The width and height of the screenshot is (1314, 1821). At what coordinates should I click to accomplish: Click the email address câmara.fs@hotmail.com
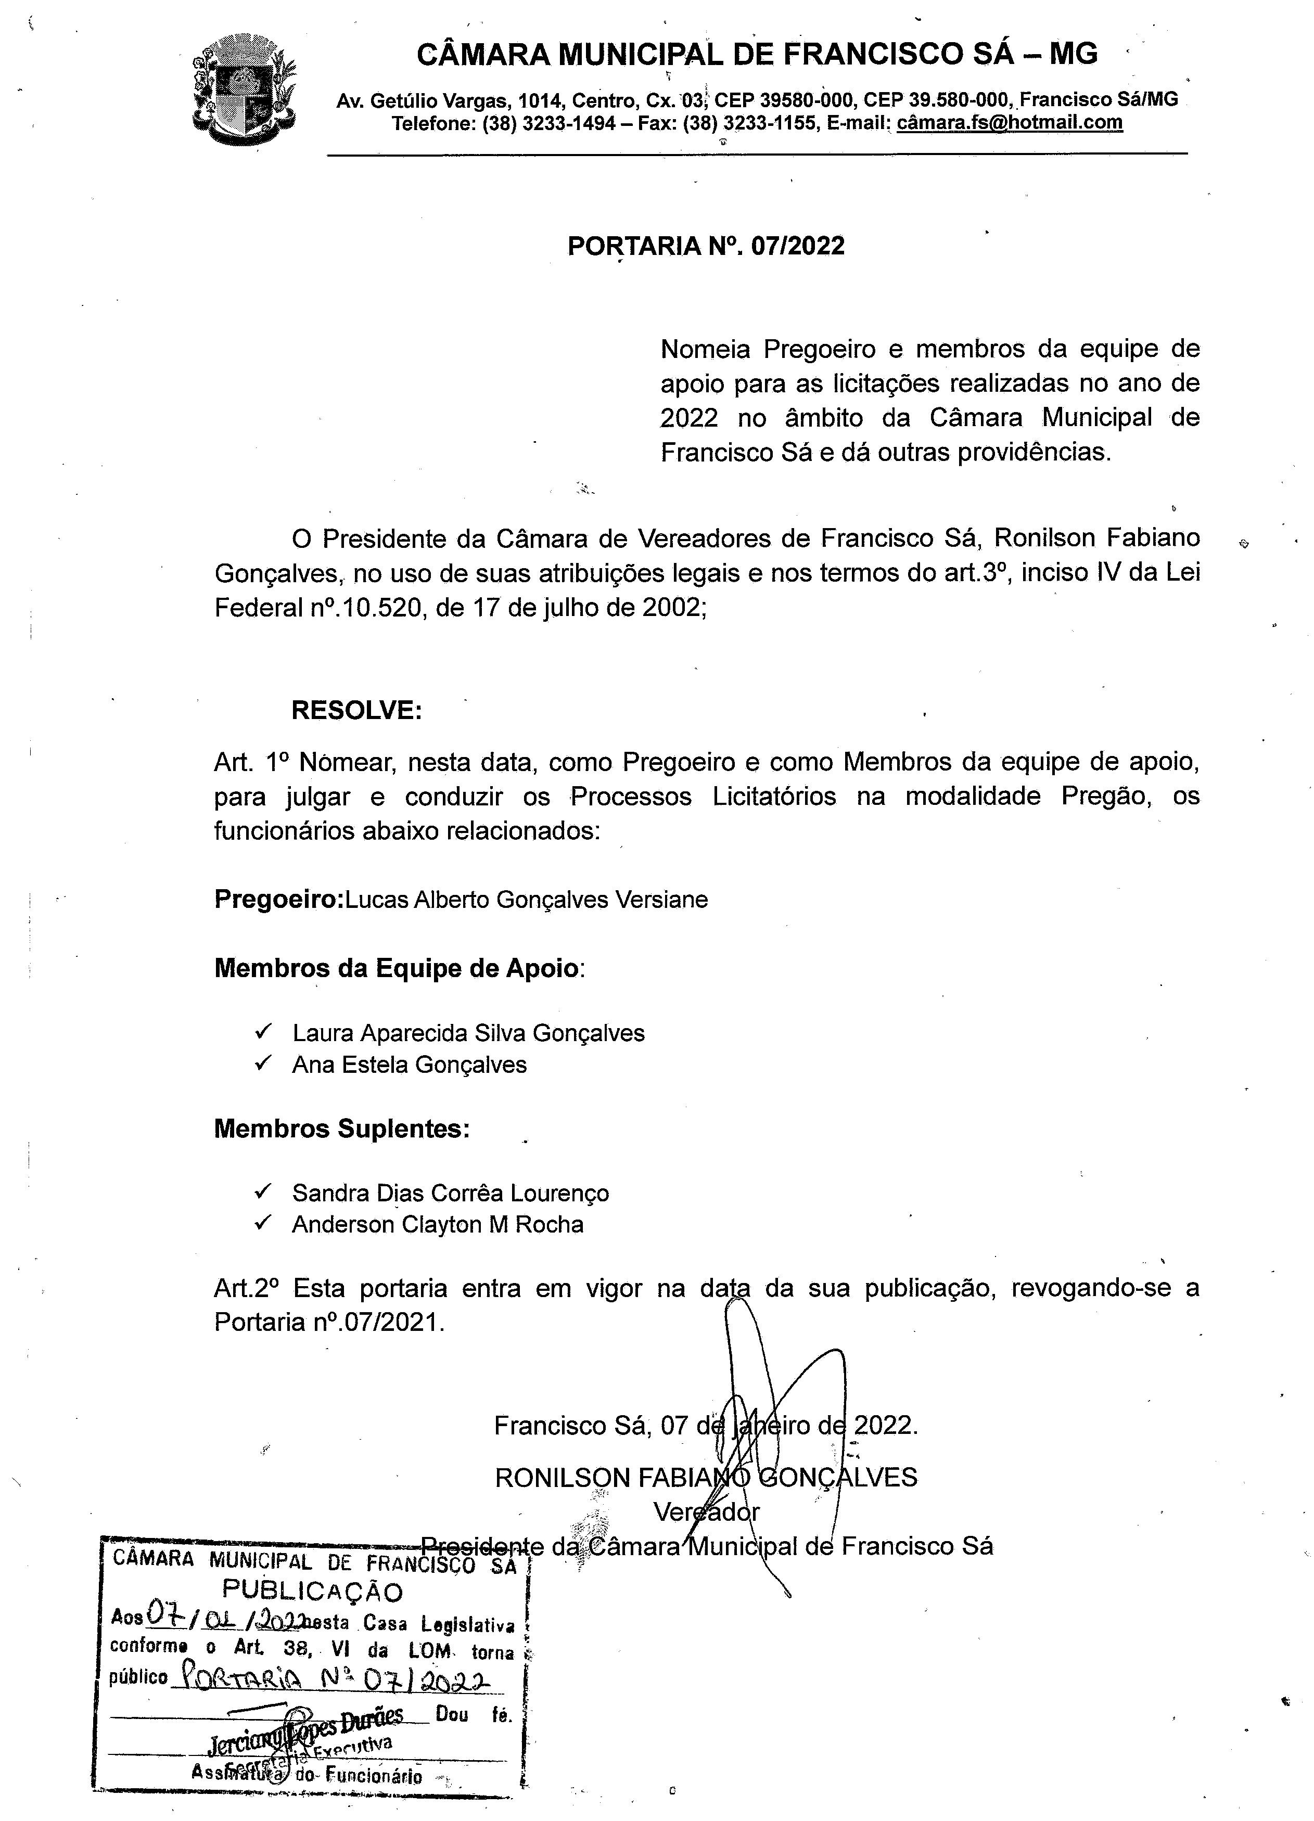click(x=1009, y=123)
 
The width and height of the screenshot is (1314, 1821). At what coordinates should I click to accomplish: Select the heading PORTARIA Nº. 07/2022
click(x=706, y=246)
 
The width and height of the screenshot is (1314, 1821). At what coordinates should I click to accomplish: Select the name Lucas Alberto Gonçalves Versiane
click(x=526, y=899)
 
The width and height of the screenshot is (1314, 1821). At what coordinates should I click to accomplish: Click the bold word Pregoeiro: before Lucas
click(x=279, y=899)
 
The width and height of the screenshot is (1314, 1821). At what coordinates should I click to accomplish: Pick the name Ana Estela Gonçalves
click(x=410, y=1065)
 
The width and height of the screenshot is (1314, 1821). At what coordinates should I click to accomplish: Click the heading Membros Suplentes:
click(x=341, y=1129)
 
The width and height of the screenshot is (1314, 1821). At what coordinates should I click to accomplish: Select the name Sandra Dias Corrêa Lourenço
click(x=451, y=1193)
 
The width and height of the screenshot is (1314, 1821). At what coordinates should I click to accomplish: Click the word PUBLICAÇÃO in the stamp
click(x=312, y=1591)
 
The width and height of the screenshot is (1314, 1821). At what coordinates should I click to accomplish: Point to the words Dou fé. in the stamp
click(x=473, y=1715)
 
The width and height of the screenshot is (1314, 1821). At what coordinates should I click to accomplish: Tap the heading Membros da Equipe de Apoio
click(x=396, y=968)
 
